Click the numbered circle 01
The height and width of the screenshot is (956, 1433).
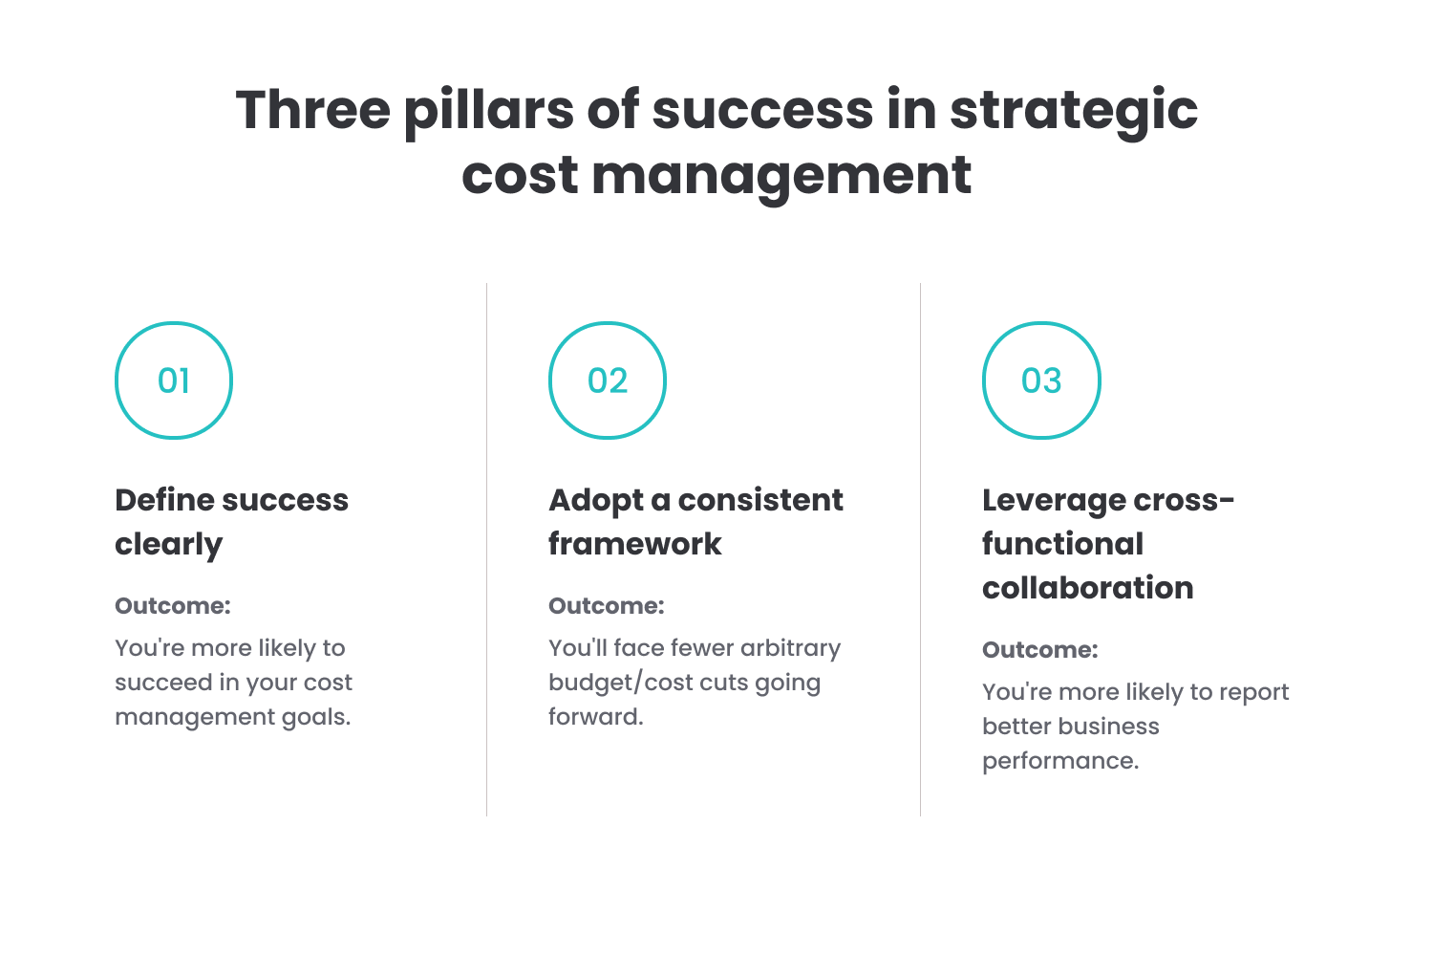pos(174,380)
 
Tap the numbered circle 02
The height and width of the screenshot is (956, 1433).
pos(608,380)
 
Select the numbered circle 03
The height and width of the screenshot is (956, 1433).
pos(1041,380)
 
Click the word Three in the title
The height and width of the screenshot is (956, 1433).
pos(312,110)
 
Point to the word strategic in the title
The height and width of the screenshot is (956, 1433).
pos(1073,112)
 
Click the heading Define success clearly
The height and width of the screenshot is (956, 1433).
pos(231,521)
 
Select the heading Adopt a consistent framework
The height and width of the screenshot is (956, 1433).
pos(695,521)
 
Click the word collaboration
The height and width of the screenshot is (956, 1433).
pos(1087,588)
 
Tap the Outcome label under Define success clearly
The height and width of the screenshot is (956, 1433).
pos(173,606)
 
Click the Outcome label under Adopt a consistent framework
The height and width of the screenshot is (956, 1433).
pos(607,606)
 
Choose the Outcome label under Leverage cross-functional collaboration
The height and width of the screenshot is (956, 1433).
pos(1040,650)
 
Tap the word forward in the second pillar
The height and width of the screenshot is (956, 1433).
pos(594,717)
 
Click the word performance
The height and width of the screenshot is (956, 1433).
pos(1059,762)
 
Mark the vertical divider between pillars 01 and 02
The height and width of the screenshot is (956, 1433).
pos(487,550)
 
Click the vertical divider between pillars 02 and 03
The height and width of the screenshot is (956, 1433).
pos(921,550)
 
